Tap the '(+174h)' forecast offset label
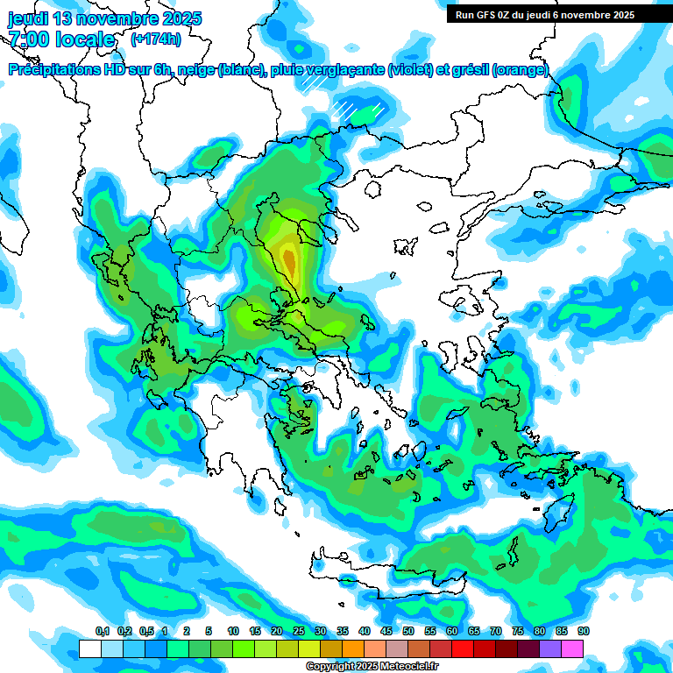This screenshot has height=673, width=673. (155, 39)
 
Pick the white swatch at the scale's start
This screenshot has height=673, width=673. (89, 649)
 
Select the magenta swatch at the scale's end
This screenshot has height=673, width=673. (572, 649)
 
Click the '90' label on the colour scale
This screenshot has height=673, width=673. (583, 632)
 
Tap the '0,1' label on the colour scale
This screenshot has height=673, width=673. (102, 632)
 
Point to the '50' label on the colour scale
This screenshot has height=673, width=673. (407, 632)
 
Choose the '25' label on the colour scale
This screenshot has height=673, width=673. (298, 632)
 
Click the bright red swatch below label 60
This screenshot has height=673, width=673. (463, 649)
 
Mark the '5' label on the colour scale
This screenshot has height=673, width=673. (209, 632)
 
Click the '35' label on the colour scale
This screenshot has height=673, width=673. (342, 632)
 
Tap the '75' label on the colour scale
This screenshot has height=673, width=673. (517, 632)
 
